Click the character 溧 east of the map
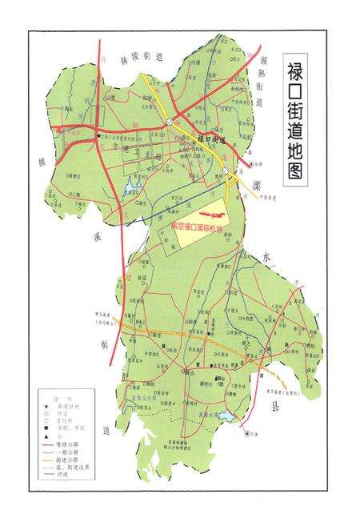coord(258,185)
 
